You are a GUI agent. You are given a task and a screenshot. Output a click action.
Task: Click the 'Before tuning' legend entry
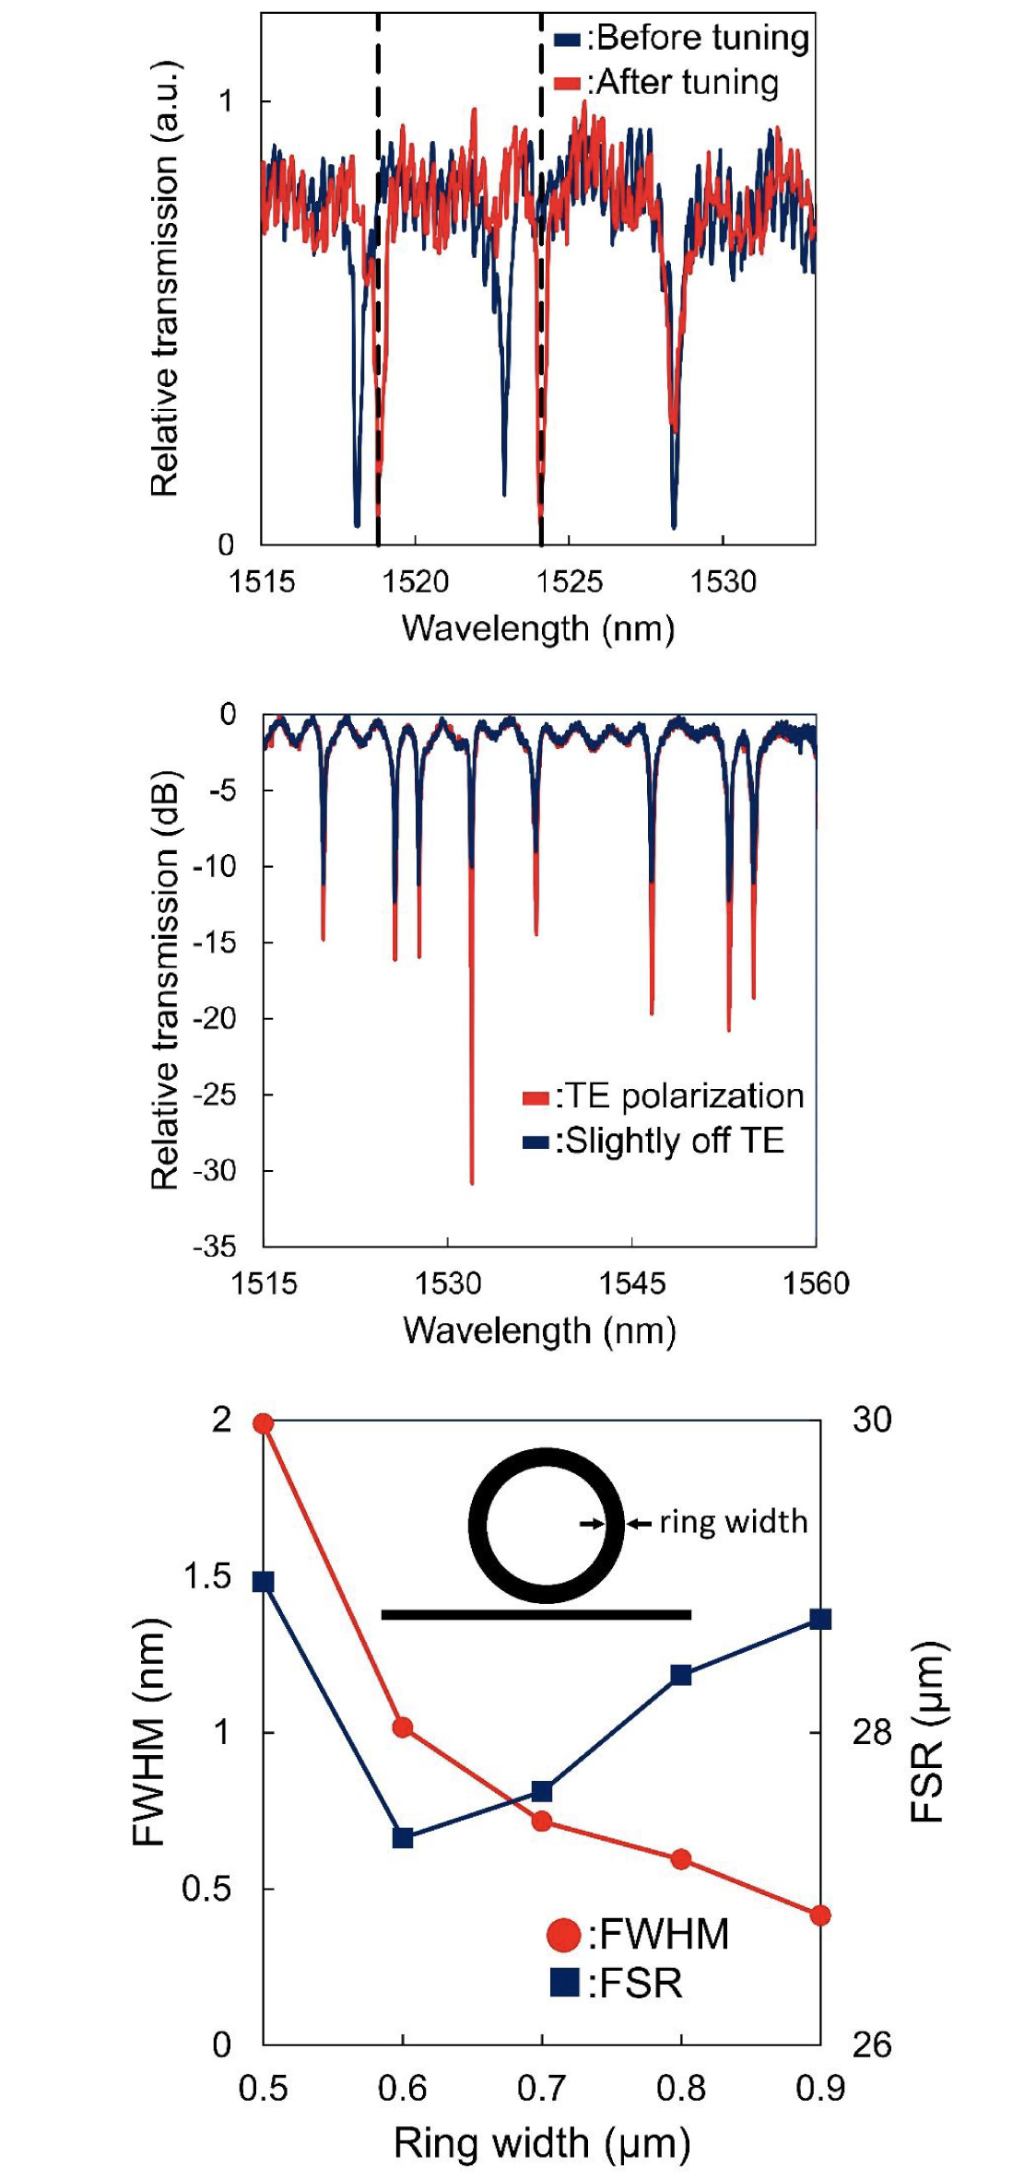682,38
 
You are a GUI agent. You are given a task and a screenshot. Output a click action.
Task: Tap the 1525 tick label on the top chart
570,581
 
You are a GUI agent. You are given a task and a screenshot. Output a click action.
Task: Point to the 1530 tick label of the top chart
724,581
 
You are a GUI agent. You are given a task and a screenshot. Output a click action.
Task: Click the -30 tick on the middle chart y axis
214,1170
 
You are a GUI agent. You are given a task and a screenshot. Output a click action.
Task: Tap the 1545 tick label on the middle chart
631,1283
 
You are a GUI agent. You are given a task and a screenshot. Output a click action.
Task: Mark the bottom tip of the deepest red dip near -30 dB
472,1183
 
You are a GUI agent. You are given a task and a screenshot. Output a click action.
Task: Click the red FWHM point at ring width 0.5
264,1423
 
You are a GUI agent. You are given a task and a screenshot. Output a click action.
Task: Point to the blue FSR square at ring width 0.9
820,1619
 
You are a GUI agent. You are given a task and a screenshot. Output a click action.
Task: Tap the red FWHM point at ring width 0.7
542,1821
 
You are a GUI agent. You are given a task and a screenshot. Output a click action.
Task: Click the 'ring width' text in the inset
733,1521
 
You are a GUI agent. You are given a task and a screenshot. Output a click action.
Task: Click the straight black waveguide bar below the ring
536,1614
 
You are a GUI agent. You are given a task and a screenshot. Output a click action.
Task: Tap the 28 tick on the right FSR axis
872,1732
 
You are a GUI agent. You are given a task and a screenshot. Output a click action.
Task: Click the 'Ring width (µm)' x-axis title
542,2143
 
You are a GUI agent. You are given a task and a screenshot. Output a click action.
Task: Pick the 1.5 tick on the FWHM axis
207,1576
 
